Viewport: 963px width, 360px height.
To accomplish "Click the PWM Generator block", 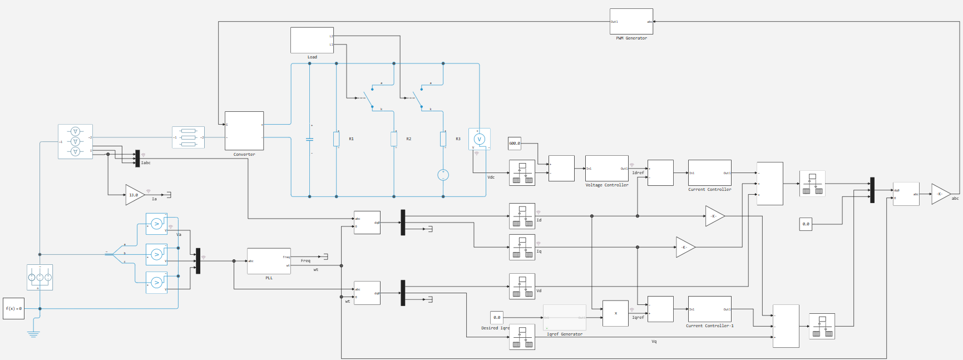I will click(x=631, y=22).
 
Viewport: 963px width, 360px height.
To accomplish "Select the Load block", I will click(x=312, y=40).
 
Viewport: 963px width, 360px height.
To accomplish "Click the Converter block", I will click(x=244, y=131).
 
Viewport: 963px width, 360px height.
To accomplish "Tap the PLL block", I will click(x=269, y=261).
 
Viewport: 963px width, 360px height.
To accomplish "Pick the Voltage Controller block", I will click(x=606, y=169).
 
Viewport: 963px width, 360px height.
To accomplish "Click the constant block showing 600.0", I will click(x=515, y=144).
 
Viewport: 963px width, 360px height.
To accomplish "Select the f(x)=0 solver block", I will click(x=13, y=308).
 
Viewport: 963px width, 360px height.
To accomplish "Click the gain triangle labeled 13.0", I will click(x=134, y=195).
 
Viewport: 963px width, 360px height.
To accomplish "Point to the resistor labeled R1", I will click(x=336, y=139).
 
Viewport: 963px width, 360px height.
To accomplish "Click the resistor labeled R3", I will click(x=443, y=139).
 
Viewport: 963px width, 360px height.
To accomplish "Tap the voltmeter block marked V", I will click(x=479, y=139).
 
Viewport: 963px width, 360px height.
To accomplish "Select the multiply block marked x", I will click(x=615, y=313).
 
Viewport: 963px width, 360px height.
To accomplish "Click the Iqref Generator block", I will click(x=564, y=318).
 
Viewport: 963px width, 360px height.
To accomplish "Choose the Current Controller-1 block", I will click(x=709, y=309).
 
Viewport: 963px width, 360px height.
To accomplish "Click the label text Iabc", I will click(x=146, y=163).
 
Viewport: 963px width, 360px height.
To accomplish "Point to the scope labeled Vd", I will click(x=522, y=287).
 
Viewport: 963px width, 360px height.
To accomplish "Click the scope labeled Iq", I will click(x=522, y=247).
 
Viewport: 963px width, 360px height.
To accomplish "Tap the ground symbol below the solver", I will click(x=33, y=334).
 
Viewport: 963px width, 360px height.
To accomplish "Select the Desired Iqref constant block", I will click(x=497, y=318).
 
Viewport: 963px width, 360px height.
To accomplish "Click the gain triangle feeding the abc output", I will click(x=940, y=194).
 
